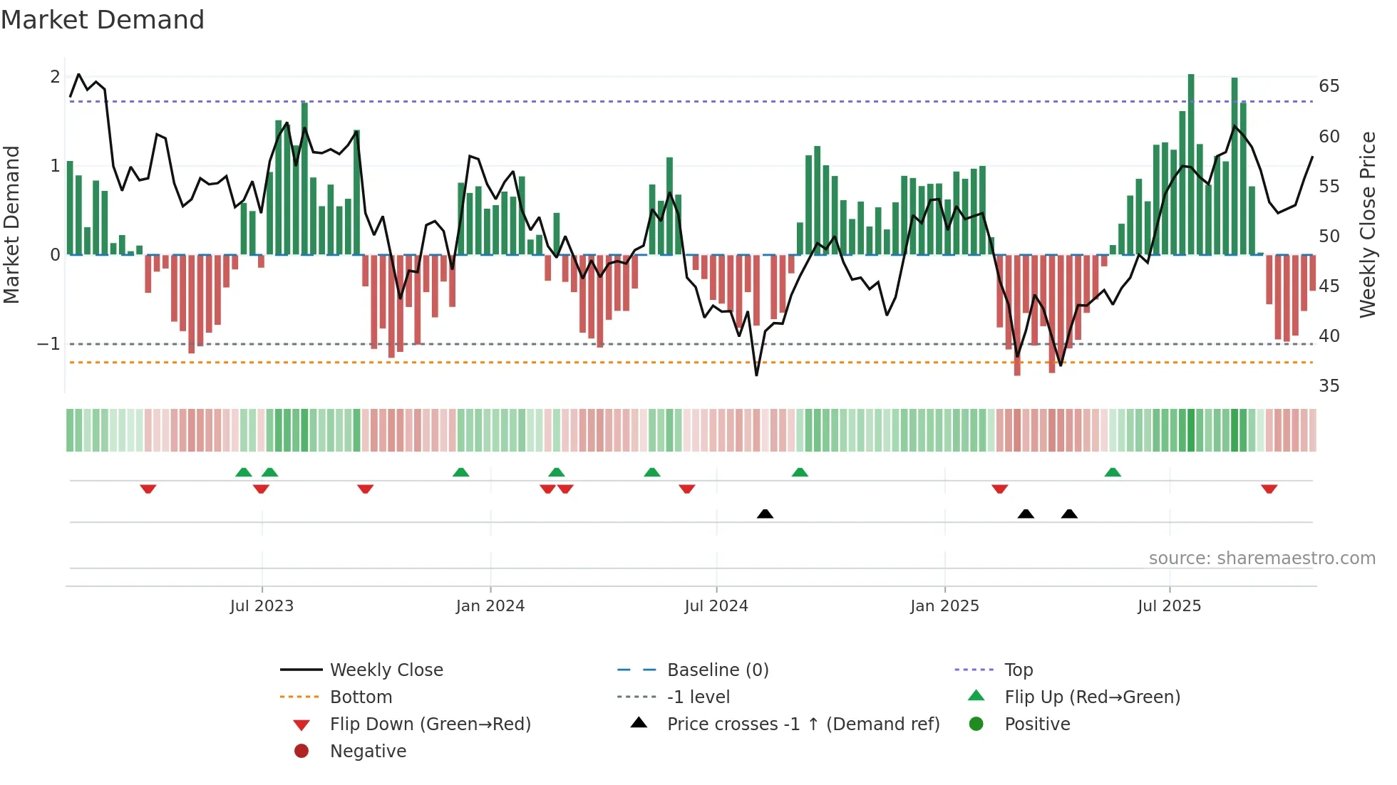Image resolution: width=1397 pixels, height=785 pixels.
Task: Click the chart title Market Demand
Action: [103, 20]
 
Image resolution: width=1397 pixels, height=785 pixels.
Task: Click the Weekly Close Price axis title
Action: [1367, 224]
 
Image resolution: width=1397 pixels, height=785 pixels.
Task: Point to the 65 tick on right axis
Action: [1329, 86]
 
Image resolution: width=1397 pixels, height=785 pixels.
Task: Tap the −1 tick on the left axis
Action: [48, 344]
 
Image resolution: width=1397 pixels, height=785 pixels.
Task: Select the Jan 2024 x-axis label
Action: [490, 606]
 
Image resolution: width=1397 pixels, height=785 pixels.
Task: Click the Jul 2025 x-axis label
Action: [1169, 606]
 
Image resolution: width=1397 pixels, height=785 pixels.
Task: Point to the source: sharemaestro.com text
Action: [1262, 558]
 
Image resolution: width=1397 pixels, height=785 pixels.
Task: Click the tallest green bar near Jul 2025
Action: [1191, 164]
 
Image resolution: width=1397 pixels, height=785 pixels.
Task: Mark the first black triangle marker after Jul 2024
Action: [765, 514]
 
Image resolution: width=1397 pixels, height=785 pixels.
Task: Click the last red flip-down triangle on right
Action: [1269, 489]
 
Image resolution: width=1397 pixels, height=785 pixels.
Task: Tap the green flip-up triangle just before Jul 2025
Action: [1113, 472]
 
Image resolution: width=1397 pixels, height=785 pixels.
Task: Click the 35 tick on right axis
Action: [1329, 386]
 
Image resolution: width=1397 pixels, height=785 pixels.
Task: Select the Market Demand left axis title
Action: [11, 224]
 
